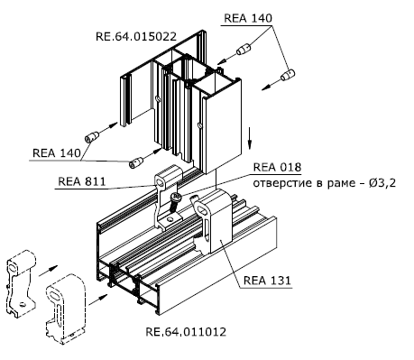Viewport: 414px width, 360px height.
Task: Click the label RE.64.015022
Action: click(136, 36)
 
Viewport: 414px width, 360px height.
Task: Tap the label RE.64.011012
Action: click(186, 332)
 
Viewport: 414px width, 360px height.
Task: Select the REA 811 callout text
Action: click(82, 181)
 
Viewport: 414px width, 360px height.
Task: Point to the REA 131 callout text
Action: click(267, 281)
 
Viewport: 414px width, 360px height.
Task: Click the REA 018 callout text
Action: click(277, 167)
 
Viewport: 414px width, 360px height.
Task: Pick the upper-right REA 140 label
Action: click(248, 18)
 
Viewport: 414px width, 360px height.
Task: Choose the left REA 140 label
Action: click(57, 152)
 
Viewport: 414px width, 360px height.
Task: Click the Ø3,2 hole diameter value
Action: click(382, 183)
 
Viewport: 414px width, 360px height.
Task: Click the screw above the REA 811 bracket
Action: click(175, 202)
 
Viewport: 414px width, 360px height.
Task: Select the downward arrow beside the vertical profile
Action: click(249, 138)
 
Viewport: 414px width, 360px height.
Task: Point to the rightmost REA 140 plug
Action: click(288, 75)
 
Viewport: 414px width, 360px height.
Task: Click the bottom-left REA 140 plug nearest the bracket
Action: click(135, 162)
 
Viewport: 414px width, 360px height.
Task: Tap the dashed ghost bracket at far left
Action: click(21, 283)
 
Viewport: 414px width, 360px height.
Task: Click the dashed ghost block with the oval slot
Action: click(66, 309)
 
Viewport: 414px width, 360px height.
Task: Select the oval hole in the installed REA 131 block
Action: click(203, 208)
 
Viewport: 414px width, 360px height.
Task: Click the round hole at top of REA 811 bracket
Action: click(159, 182)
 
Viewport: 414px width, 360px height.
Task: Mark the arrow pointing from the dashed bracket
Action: click(49, 271)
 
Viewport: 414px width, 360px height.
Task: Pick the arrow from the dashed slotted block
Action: click(98, 300)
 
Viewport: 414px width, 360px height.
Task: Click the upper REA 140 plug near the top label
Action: click(244, 50)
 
